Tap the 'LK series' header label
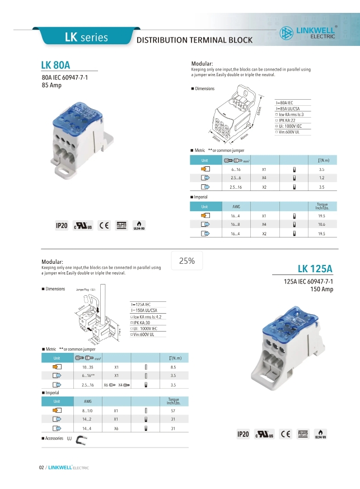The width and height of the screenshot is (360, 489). (86, 38)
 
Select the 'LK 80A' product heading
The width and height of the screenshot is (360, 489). (56, 65)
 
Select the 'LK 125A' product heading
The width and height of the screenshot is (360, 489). (315, 268)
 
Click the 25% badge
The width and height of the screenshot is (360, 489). (187, 260)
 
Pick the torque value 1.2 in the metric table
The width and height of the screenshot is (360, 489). (321, 178)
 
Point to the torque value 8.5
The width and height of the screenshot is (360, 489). (173, 367)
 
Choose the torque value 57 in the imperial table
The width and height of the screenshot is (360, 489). (172, 411)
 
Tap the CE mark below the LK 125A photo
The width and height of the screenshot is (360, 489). (285, 434)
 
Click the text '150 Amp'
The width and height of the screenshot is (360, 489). (322, 289)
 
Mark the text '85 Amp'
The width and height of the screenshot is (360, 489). (52, 86)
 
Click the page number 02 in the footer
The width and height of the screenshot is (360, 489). (41, 468)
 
